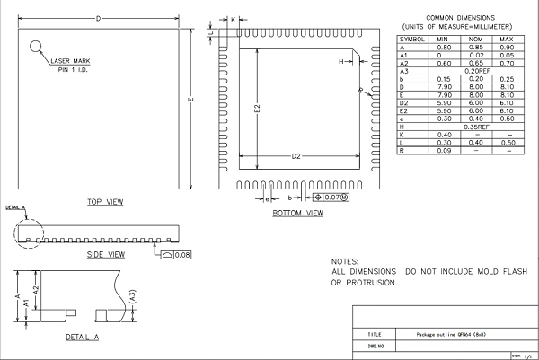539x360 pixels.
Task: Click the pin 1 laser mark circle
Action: pyautogui.click(x=36, y=47)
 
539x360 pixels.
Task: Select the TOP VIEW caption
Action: pyautogui.click(x=104, y=202)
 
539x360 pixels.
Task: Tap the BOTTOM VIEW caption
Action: pyautogui.click(x=297, y=214)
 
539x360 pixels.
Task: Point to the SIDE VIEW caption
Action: pyautogui.click(x=104, y=254)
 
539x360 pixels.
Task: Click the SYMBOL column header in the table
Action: pyautogui.click(x=412, y=40)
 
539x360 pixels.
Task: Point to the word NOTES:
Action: pyautogui.click(x=346, y=259)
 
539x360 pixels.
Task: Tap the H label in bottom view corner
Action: pyautogui.click(x=340, y=61)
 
